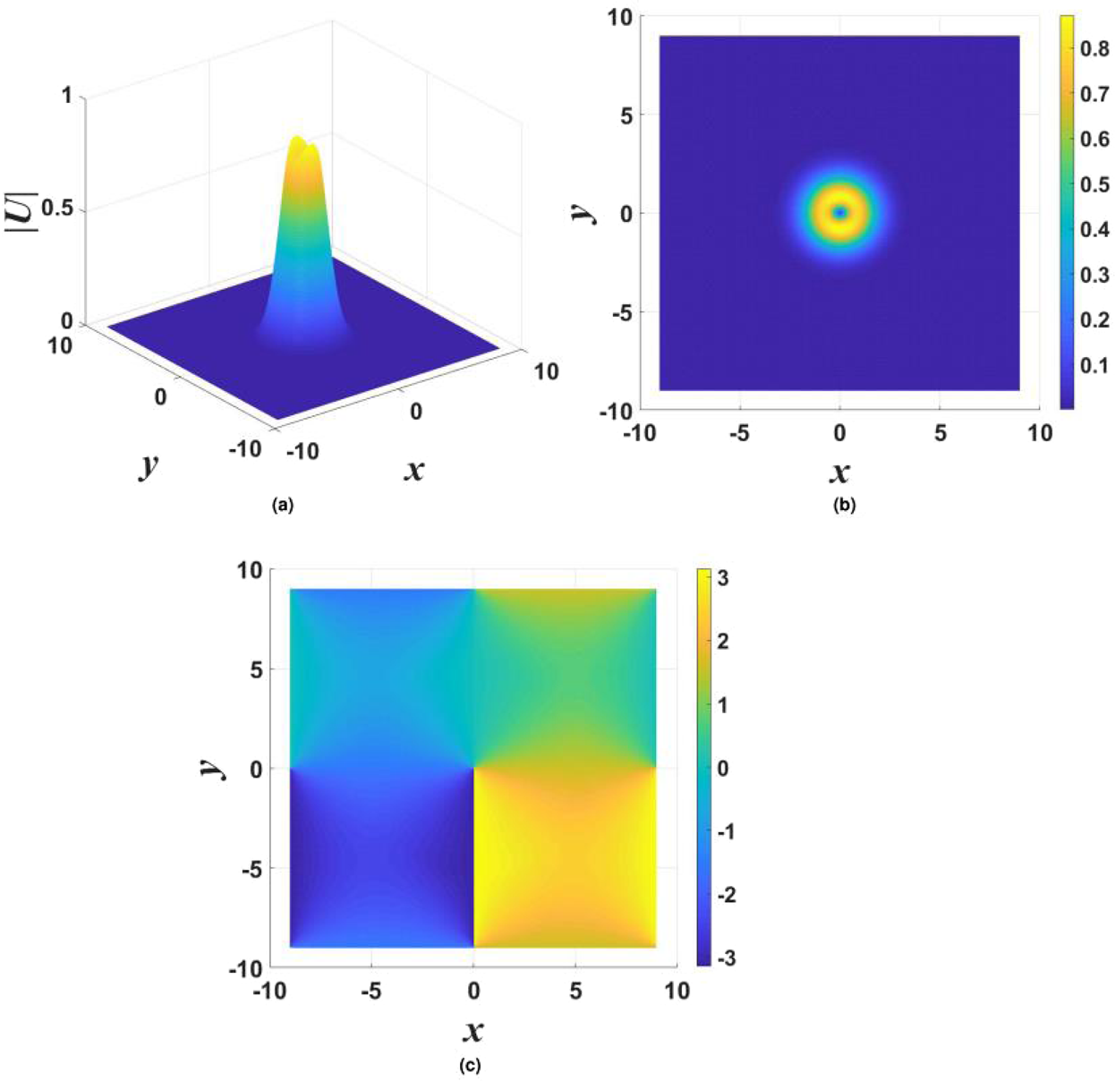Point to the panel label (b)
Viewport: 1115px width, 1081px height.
pyautogui.click(x=843, y=506)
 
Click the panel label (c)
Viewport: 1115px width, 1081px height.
pyautogui.click(x=469, y=1066)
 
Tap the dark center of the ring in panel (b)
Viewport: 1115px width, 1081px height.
pyautogui.click(x=839, y=213)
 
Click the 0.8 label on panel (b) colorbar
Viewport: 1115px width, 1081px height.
pyautogui.click(x=1094, y=49)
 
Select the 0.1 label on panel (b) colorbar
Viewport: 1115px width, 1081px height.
pyautogui.click(x=1094, y=365)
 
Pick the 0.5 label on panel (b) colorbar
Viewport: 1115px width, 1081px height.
pyautogui.click(x=1094, y=184)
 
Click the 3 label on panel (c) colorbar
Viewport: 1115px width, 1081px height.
pyautogui.click(x=723, y=578)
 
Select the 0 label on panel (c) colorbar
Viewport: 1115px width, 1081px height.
pyautogui.click(x=723, y=768)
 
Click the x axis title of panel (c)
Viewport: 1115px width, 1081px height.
pyautogui.click(x=473, y=1031)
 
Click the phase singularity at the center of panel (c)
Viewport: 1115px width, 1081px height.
pyautogui.click(x=473, y=768)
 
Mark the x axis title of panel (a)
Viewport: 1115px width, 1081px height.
pyautogui.click(x=413, y=469)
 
